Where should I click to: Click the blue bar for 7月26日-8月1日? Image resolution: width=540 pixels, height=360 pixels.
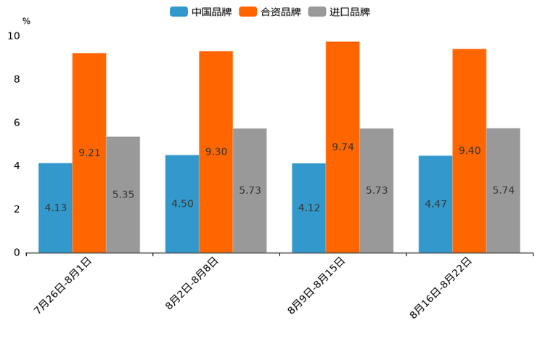[55, 208]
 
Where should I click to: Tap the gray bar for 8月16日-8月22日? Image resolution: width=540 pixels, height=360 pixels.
[503, 190]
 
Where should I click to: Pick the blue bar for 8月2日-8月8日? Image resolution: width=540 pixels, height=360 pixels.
[182, 203]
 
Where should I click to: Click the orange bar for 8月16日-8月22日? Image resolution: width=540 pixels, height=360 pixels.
[469, 150]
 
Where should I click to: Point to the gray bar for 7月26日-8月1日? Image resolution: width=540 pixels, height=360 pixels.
[123, 195]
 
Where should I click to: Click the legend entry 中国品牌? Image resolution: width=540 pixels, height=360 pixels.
[201, 12]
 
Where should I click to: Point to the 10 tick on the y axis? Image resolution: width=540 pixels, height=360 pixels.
[14, 36]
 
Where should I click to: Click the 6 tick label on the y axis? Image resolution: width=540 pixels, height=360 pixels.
[17, 123]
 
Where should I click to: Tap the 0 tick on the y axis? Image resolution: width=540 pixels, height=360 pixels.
[17, 253]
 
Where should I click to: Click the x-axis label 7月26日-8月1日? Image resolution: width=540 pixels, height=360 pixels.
[63, 285]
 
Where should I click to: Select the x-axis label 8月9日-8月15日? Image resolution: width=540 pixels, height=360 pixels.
[316, 285]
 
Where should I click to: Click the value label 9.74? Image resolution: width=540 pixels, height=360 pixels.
[343, 147]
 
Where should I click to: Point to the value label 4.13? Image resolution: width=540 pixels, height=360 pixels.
[55, 208]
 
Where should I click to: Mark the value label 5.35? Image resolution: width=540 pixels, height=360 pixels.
[123, 195]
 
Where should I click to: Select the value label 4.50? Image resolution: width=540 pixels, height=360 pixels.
[182, 203]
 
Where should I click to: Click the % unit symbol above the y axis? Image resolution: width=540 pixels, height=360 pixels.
[26, 22]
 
